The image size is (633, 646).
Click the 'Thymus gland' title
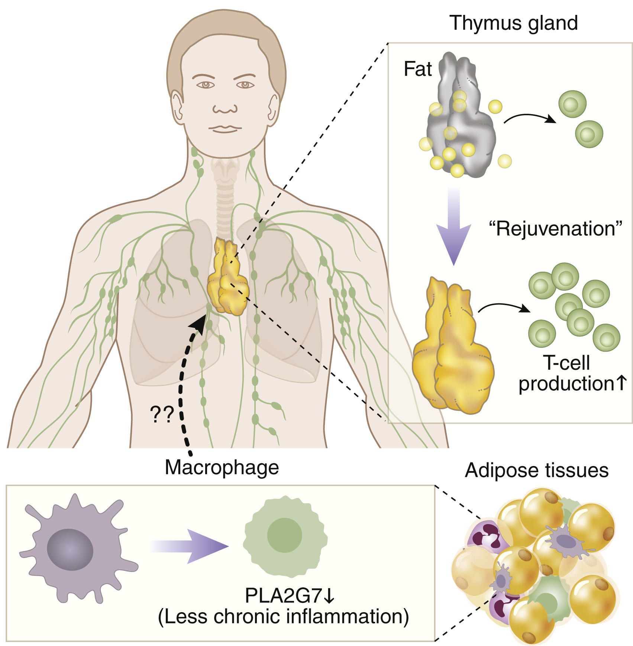513,23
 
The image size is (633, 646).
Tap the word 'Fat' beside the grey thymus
417,69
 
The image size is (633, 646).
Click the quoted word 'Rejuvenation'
555,229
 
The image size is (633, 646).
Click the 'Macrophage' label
222,468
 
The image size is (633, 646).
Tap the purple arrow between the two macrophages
190,546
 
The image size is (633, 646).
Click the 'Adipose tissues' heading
536,471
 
